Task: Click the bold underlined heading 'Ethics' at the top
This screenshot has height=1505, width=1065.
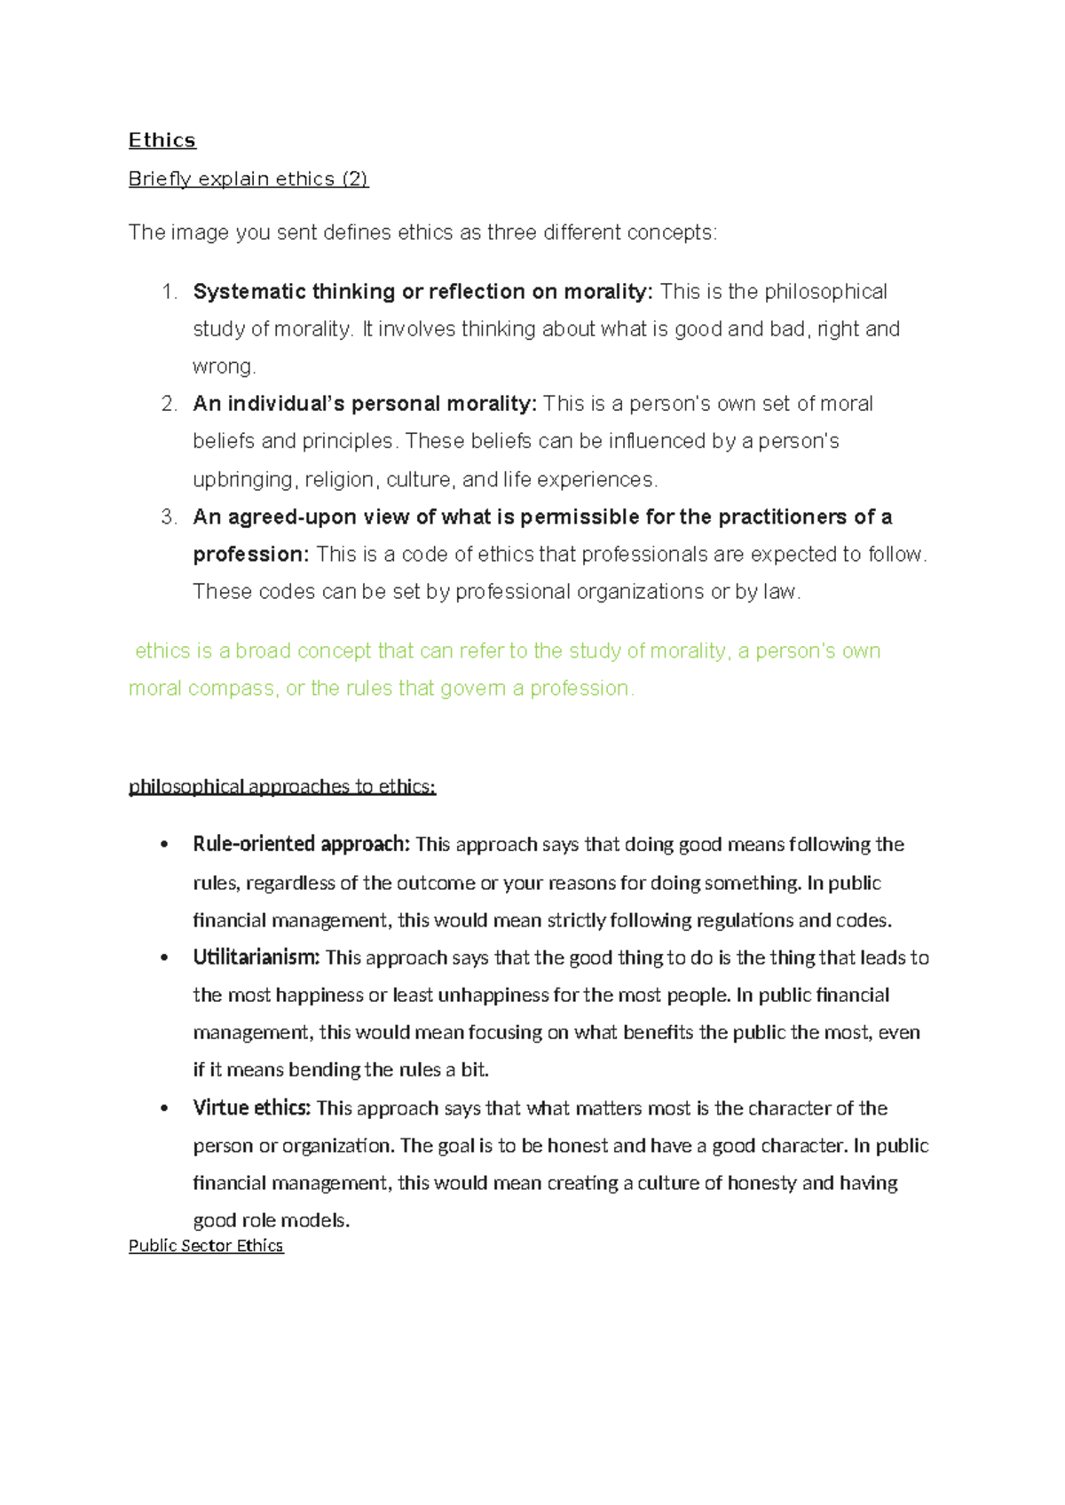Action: pyautogui.click(x=162, y=140)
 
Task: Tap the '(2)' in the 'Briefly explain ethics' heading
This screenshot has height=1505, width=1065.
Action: pyautogui.click(x=354, y=179)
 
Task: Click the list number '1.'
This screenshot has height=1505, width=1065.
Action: pyautogui.click(x=170, y=292)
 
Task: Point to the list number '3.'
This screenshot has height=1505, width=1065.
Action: pyautogui.click(x=170, y=517)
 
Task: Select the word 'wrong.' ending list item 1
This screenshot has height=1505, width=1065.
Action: pyautogui.click(x=224, y=366)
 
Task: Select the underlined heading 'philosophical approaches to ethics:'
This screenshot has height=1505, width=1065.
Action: pyautogui.click(x=282, y=787)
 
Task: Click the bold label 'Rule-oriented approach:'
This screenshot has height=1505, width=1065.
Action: pyautogui.click(x=301, y=844)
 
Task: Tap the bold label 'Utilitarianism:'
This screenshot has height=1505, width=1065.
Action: pyautogui.click(x=256, y=957)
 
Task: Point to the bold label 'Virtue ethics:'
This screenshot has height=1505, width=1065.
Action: pyautogui.click(x=251, y=1108)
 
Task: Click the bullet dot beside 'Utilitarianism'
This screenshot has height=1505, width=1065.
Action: pyautogui.click(x=164, y=958)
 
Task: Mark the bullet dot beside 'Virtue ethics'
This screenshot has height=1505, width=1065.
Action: pyautogui.click(x=164, y=1109)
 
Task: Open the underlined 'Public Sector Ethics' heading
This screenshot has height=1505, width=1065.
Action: pyautogui.click(x=206, y=1246)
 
